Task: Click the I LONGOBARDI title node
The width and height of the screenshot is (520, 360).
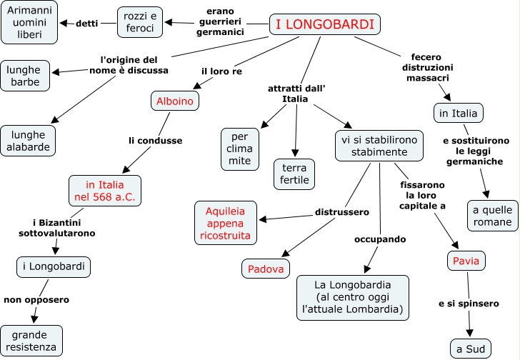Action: tap(325, 25)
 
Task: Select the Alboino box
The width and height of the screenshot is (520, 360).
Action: tap(175, 101)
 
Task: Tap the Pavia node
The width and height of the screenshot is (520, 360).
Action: tap(468, 260)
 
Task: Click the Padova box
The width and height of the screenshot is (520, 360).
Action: tap(266, 269)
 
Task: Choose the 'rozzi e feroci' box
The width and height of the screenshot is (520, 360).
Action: tap(140, 22)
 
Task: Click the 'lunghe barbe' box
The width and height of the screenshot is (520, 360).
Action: tap(25, 76)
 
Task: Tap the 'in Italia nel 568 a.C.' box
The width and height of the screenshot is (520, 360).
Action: tap(105, 191)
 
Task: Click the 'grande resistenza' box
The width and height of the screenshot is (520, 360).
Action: tap(32, 341)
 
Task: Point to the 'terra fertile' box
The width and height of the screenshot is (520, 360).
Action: tap(294, 174)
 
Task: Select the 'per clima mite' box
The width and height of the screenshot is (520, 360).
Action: tap(240, 148)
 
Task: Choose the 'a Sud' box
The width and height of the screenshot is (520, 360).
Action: tap(471, 349)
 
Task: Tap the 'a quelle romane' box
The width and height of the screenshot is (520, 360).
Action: tap(493, 216)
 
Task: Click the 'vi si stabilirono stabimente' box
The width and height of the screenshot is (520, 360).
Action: tap(379, 146)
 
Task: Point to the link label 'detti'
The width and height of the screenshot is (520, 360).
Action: tap(87, 23)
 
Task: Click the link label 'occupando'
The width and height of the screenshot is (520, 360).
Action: tap(380, 239)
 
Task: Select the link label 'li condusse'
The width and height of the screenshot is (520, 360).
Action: tap(155, 141)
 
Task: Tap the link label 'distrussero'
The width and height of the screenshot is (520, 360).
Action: tap(341, 211)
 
